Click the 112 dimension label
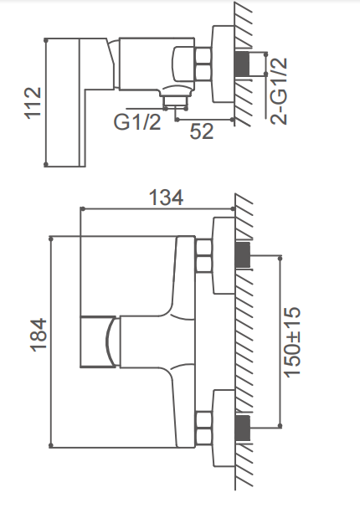click(33, 103)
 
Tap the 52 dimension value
click(202, 131)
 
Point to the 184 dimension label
click(39, 335)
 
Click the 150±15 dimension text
click(292, 341)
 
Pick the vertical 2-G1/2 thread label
click(279, 91)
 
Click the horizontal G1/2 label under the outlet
click(137, 122)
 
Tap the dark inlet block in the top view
click(242, 63)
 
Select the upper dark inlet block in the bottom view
click(243, 254)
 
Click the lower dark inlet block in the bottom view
click(243, 428)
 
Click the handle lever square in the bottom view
click(98, 341)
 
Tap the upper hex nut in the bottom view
click(203, 256)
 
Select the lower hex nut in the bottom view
click(203, 428)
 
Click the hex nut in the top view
click(203, 64)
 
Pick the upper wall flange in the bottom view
click(224, 256)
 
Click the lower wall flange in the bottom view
click(224, 428)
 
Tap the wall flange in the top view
click(223, 64)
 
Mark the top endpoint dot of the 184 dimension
click(51, 239)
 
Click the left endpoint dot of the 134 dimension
click(83, 209)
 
